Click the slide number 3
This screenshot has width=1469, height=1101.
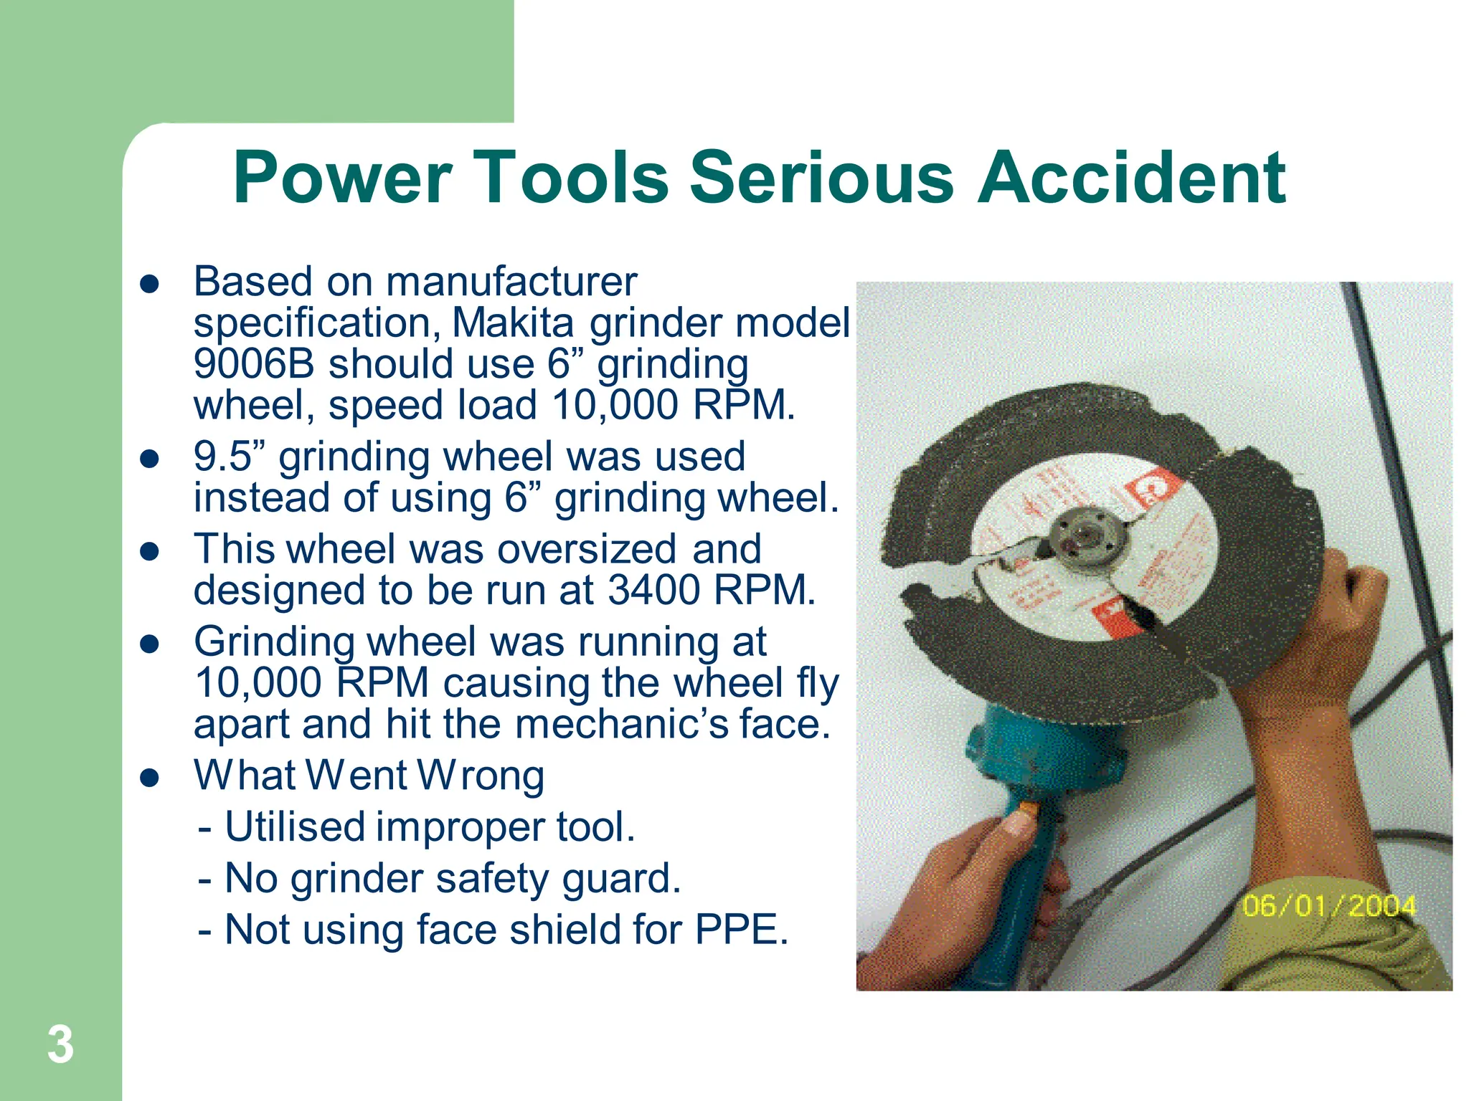click(x=60, y=1044)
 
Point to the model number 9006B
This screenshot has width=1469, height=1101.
click(x=254, y=363)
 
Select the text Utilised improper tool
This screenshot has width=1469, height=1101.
click(x=429, y=826)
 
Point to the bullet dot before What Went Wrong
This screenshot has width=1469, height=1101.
click(x=149, y=778)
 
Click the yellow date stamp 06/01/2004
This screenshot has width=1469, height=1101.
click(x=1329, y=906)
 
